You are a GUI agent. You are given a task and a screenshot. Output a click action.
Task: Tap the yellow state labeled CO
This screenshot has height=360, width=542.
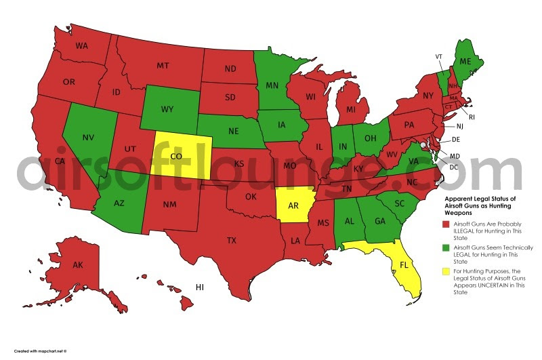click(x=175, y=155)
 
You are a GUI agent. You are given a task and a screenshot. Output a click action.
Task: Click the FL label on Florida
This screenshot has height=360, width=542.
click(x=404, y=264)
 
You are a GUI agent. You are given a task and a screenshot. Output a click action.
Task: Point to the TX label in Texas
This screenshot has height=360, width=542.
click(x=230, y=241)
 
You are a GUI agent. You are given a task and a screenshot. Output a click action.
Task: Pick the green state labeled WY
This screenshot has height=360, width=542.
click(x=167, y=108)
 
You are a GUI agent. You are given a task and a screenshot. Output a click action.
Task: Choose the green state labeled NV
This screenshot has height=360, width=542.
click(x=88, y=138)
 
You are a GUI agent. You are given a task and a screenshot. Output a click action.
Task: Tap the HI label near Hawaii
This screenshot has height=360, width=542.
click(x=200, y=287)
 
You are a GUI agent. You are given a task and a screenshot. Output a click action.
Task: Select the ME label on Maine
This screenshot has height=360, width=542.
click(x=465, y=61)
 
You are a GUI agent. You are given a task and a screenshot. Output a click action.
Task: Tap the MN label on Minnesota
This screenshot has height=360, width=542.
click(x=273, y=86)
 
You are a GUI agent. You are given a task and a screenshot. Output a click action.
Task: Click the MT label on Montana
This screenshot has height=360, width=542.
click(x=163, y=66)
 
